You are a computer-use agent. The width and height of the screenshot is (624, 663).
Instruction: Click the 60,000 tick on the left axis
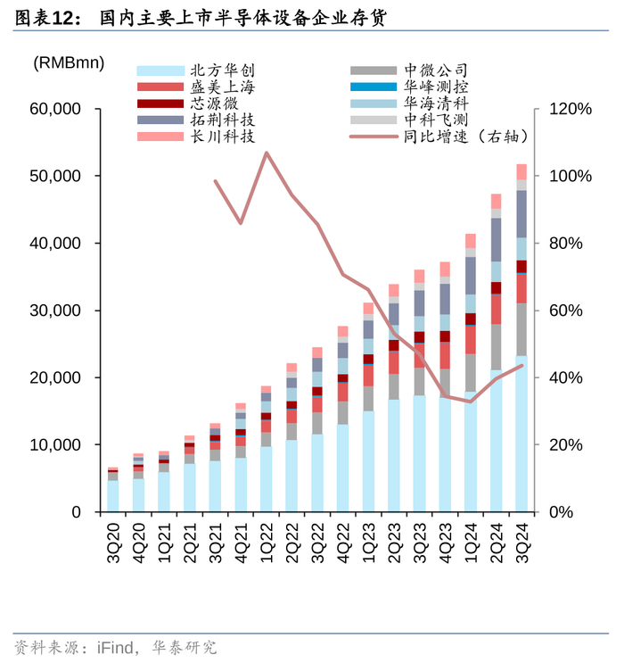click(56, 109)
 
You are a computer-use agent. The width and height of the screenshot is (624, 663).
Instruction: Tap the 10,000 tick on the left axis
click(56, 444)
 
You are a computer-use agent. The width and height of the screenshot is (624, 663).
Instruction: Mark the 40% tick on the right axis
click(561, 377)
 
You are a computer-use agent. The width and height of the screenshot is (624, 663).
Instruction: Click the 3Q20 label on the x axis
click(113, 539)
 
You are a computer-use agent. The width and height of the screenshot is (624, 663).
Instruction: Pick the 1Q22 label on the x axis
click(267, 539)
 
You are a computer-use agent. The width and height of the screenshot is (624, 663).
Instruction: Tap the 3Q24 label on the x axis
click(521, 539)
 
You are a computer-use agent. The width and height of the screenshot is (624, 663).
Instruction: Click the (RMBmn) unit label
click(69, 63)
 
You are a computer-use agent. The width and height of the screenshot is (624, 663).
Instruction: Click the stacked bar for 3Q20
click(113, 491)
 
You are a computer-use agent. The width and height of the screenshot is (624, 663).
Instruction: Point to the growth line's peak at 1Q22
click(267, 153)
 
